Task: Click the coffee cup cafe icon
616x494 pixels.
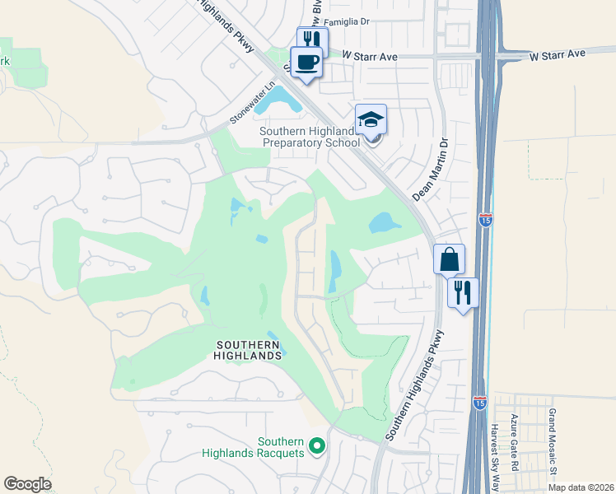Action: pyautogui.click(x=306, y=63)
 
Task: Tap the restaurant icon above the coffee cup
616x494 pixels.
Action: pyautogui.click(x=312, y=40)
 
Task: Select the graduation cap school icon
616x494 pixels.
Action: pyautogui.click(x=371, y=119)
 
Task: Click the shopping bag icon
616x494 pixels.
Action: pyautogui.click(x=449, y=259)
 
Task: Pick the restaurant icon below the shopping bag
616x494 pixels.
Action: pyautogui.click(x=463, y=292)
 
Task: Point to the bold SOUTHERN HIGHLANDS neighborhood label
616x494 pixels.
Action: pyautogui.click(x=250, y=350)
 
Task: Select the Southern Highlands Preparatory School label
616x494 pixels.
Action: pyautogui.click(x=310, y=137)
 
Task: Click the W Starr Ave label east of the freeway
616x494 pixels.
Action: pyautogui.click(x=557, y=54)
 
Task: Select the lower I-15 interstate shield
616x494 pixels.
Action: pyautogui.click(x=480, y=401)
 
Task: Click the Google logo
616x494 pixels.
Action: pyautogui.click(x=27, y=484)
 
